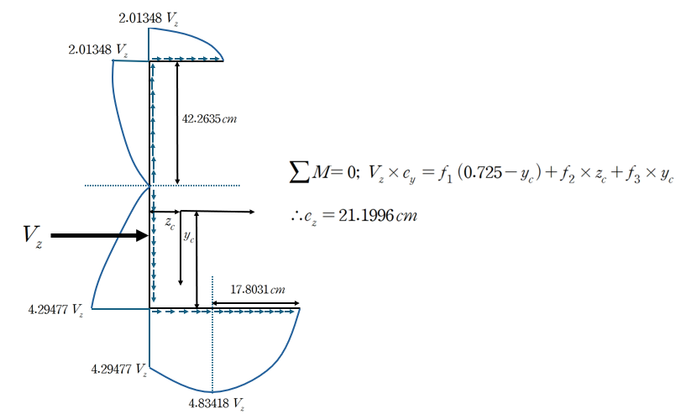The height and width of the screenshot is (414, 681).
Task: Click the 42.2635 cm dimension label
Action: (209, 119)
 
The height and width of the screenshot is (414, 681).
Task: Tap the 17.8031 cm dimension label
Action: (258, 290)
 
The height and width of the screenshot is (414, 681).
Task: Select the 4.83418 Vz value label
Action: (217, 404)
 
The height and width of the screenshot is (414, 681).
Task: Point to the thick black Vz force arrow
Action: (100, 235)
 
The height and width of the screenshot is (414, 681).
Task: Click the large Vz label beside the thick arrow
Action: (33, 235)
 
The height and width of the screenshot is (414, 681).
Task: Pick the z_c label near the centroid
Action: (170, 223)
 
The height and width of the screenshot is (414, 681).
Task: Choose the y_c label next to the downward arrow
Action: (188, 237)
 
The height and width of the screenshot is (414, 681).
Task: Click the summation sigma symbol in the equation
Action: (300, 171)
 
